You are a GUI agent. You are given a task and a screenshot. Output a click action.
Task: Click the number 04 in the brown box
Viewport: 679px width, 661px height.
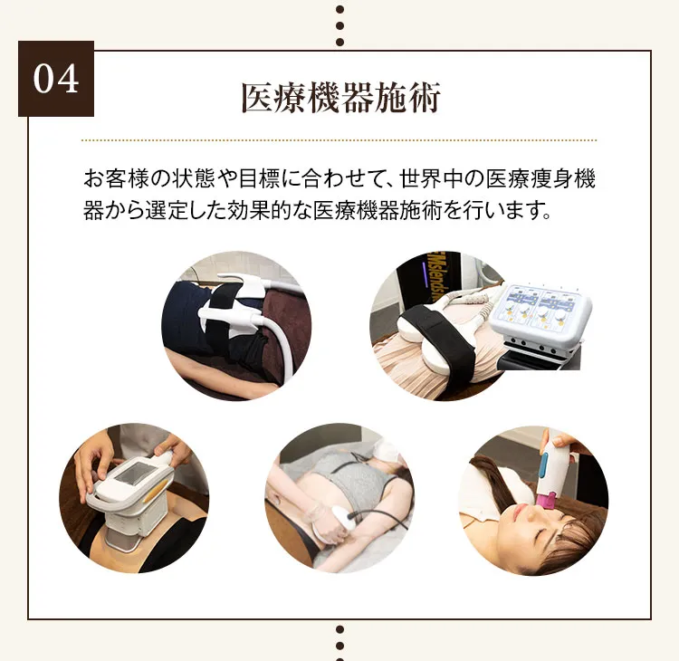point(56,79)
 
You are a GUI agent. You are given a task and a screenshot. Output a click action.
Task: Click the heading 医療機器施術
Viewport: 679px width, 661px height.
point(340,98)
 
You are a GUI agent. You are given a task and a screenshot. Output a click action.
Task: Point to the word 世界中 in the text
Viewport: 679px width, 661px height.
point(431,178)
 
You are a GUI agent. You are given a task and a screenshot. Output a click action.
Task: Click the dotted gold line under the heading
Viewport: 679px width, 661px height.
point(339,140)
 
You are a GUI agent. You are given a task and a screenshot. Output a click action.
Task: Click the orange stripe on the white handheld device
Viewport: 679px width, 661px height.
point(155,493)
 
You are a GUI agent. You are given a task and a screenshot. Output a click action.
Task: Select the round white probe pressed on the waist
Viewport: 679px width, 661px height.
point(339,520)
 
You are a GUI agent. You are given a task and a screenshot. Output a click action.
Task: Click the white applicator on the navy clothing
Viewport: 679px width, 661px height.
point(234,305)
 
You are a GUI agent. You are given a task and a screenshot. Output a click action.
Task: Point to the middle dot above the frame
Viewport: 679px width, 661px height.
point(339,25)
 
